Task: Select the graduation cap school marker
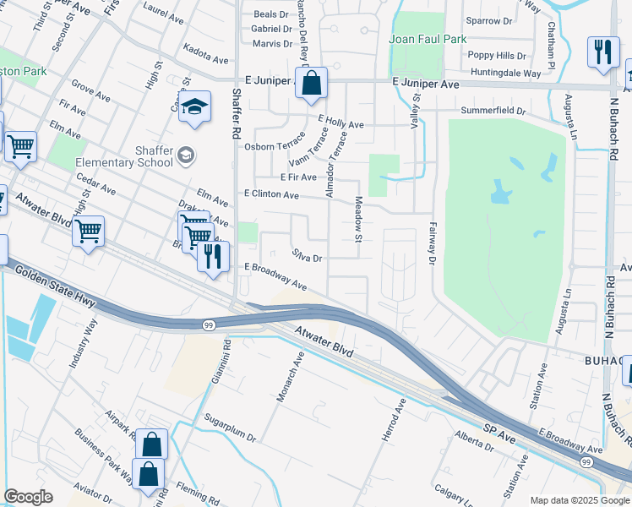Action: click(194, 107)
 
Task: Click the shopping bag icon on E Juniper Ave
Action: click(311, 84)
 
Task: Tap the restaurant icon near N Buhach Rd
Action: click(602, 52)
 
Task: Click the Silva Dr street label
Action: click(308, 255)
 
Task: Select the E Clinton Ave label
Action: click(271, 195)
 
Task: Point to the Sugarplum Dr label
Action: click(229, 428)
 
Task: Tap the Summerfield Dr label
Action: click(493, 112)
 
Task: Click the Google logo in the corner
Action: click(28, 498)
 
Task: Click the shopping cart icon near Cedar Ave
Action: click(88, 231)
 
